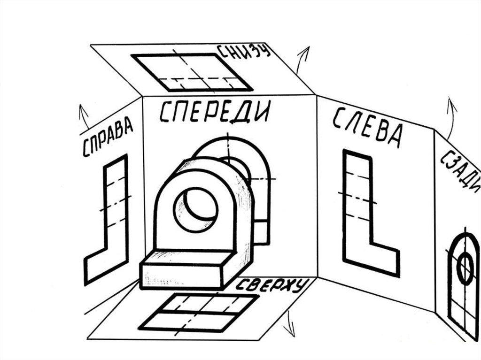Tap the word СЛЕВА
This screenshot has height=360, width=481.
tap(368, 128)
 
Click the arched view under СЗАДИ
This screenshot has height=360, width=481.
tap(462, 286)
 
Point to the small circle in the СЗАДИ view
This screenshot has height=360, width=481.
tap(465, 269)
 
